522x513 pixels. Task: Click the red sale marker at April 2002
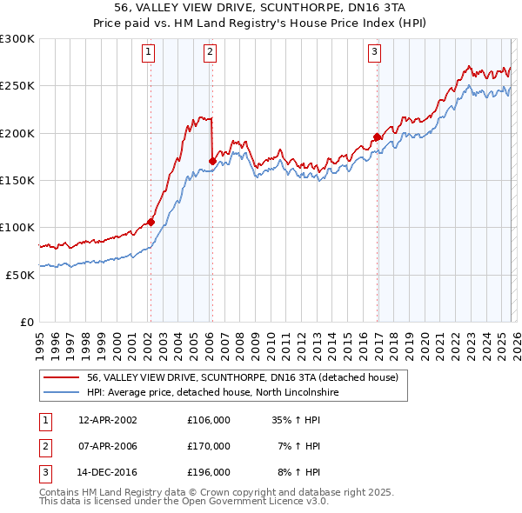pyautogui.click(x=151, y=222)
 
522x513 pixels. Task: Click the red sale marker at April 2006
pyautogui.click(x=212, y=160)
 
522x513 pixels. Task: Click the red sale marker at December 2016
pyautogui.click(x=377, y=137)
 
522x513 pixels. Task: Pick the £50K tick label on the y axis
pyautogui.click(x=19, y=275)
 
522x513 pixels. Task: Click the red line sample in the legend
pyautogui.click(x=62, y=377)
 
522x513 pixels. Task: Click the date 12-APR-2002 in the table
pyautogui.click(x=108, y=420)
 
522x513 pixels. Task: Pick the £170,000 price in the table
pyautogui.click(x=209, y=446)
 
